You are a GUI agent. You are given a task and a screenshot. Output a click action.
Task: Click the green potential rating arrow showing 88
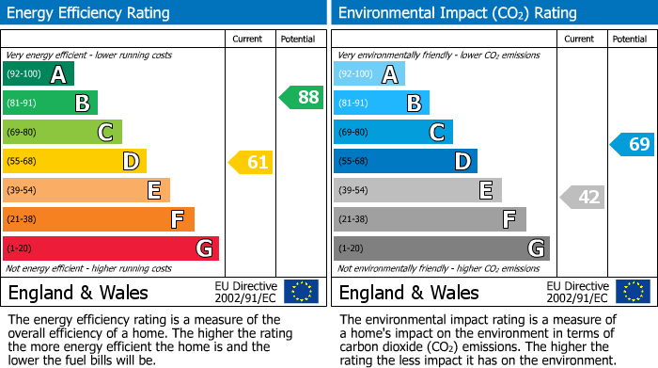pyautogui.click(x=302, y=97)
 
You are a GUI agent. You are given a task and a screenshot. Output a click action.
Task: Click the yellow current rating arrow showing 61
pyautogui.click(x=252, y=162)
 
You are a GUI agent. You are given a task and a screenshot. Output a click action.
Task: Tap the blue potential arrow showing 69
pyautogui.click(x=633, y=144)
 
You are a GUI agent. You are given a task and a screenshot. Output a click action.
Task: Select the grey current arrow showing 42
pyautogui.click(x=583, y=197)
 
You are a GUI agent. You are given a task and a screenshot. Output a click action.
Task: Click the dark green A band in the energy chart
pyautogui.click(x=39, y=74)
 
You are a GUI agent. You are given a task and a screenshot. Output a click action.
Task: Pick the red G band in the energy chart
pyautogui.click(x=111, y=248)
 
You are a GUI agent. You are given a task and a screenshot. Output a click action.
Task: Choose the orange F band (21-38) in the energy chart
pyautogui.click(x=99, y=219)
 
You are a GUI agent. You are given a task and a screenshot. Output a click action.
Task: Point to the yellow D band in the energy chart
pyautogui.click(x=74, y=161)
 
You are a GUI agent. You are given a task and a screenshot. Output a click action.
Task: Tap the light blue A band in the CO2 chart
pyautogui.click(x=369, y=74)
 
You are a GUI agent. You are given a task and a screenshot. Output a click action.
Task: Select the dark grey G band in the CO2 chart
pyautogui.click(x=441, y=248)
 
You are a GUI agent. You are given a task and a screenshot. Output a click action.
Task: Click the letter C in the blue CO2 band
pyautogui.click(x=437, y=133)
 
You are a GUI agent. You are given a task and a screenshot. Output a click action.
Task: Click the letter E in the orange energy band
pyautogui.click(x=153, y=191)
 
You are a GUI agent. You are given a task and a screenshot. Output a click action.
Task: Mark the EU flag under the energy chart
pyautogui.click(x=301, y=292)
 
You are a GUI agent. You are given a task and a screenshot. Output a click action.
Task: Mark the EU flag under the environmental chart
pyautogui.click(x=632, y=292)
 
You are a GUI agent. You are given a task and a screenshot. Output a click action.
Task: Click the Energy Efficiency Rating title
pyautogui.click(x=89, y=13)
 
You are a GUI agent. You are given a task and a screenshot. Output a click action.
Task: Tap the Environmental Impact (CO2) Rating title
pyautogui.click(x=457, y=13)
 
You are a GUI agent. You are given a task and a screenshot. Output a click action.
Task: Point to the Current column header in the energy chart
pyautogui.click(x=247, y=39)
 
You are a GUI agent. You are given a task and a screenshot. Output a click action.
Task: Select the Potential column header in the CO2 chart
pyautogui.click(x=629, y=39)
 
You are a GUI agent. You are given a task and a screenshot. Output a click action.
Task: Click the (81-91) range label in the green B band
pyautogui.click(x=23, y=104)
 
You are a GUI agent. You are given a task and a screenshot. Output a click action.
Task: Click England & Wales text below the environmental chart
pyautogui.click(x=409, y=293)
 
